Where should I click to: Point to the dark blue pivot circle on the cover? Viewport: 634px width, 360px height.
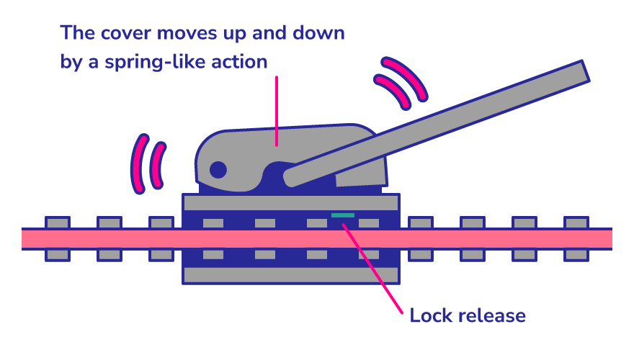pyautogui.click(x=218, y=170)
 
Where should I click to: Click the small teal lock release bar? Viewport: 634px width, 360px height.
pyautogui.click(x=343, y=215)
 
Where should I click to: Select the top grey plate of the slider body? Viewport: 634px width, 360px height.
pyautogui.click(x=291, y=202)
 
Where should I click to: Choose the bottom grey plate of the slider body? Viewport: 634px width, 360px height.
pyautogui.click(x=291, y=274)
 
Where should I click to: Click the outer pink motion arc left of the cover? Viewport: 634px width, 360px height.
pyautogui.click(x=138, y=163)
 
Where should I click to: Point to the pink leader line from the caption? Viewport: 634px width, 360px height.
pyautogui.click(x=277, y=108)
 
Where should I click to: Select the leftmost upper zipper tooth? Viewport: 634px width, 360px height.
pyautogui.click(x=58, y=222)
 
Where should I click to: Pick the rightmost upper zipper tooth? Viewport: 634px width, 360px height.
pyautogui.click(x=576, y=222)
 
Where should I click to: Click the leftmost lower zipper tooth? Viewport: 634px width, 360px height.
pyautogui.click(x=58, y=254)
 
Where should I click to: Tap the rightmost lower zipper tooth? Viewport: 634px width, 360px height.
pyautogui.click(x=576, y=254)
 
